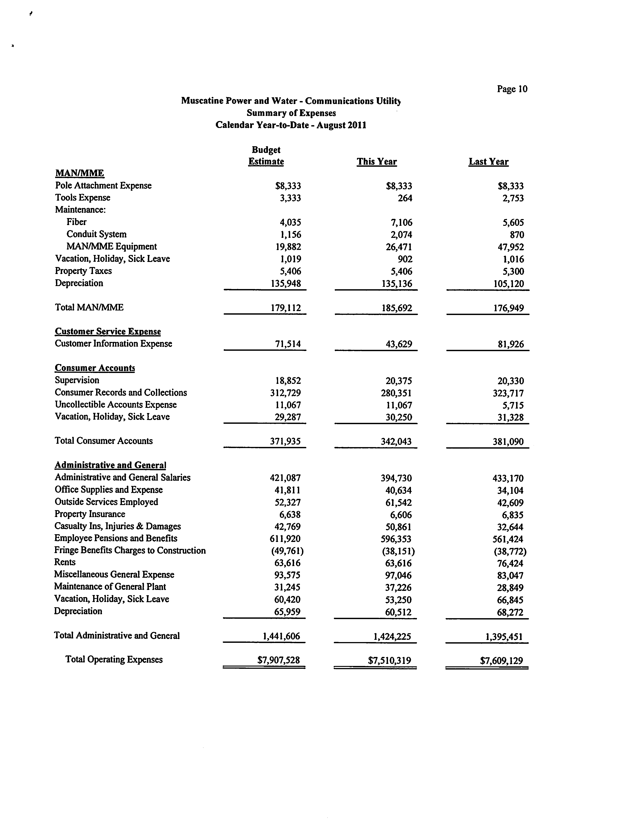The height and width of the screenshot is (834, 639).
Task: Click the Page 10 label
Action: [x=512, y=89]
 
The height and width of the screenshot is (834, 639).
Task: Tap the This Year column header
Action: [x=377, y=162]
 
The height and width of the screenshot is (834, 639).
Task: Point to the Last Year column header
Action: [x=488, y=162]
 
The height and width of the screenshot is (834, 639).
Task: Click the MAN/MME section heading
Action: [x=79, y=173]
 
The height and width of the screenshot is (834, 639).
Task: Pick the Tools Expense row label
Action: [x=83, y=198]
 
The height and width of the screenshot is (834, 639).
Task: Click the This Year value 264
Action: [x=405, y=198]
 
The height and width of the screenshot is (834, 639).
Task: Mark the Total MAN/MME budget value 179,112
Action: [x=286, y=308]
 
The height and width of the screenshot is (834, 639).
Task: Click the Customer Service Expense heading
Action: [x=108, y=332]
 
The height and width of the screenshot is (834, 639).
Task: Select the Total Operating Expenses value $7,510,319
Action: [x=389, y=661]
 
